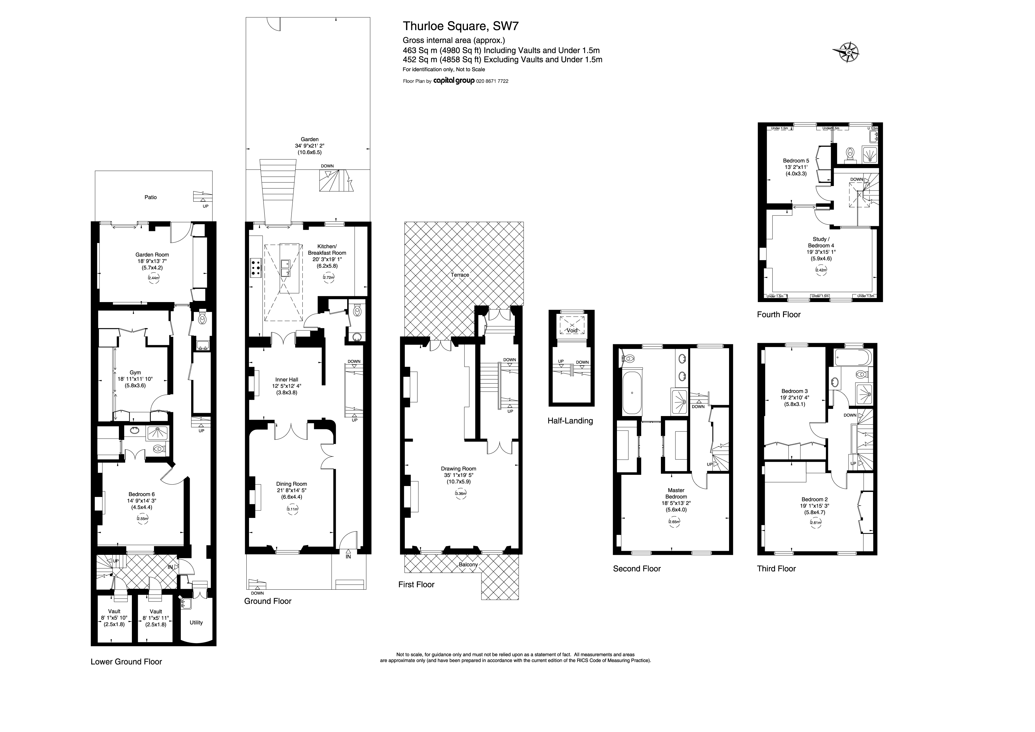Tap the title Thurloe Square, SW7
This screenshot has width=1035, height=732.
(460, 26)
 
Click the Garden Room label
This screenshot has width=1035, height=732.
(152, 255)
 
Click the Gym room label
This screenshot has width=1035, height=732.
(135, 373)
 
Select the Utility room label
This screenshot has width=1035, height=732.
(196, 623)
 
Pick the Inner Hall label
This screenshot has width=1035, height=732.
(287, 380)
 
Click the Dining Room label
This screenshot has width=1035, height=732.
(292, 484)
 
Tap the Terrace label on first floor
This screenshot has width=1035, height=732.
(460, 275)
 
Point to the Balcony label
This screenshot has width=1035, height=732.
(468, 565)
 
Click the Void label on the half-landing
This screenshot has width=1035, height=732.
(572, 331)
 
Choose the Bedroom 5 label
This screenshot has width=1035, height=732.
(796, 161)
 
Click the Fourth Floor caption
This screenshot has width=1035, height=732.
(779, 315)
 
